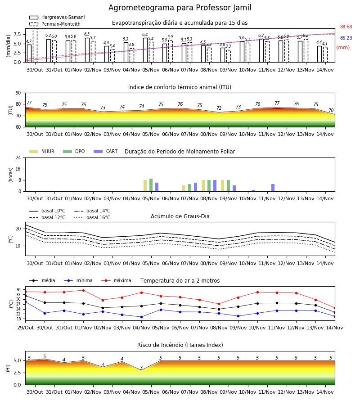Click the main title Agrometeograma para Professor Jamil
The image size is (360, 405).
(x=180, y=8)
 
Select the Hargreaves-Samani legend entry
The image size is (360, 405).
(x=57, y=17)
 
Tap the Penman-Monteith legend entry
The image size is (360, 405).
(x=55, y=24)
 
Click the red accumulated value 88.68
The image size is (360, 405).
(x=346, y=27)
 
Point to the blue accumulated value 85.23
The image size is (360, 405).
(x=346, y=38)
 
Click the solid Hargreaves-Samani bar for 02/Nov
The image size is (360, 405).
(x=87, y=50)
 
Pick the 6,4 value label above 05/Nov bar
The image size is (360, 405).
(x=145, y=35)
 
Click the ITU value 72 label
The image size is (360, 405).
(x=219, y=108)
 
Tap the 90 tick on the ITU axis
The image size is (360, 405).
(x=18, y=93)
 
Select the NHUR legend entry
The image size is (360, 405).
(x=42, y=151)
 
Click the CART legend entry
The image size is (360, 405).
(x=106, y=151)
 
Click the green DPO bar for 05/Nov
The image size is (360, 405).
(x=151, y=185)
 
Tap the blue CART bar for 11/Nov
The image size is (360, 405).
(x=273, y=188)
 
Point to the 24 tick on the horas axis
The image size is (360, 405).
(x=18, y=157)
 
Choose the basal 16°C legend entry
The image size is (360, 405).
(x=92, y=217)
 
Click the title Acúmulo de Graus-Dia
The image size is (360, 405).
(x=180, y=216)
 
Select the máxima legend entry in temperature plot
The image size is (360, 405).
(x=116, y=280)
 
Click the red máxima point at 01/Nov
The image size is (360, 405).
(x=83, y=290)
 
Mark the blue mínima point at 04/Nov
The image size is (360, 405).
(x=141, y=317)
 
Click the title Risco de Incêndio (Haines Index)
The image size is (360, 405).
(x=180, y=345)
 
